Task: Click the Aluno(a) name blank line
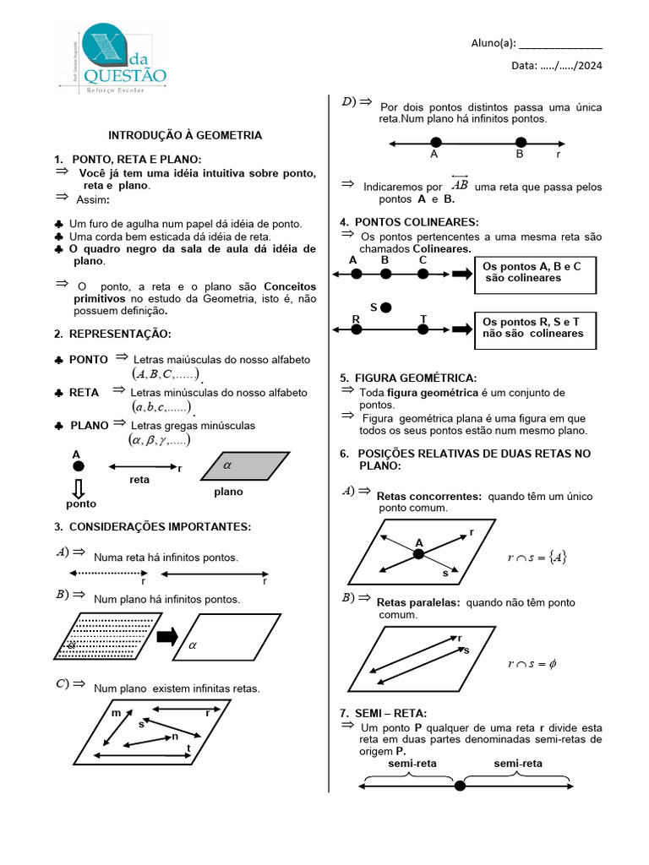point(560,45)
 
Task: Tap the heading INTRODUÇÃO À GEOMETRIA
point(185,135)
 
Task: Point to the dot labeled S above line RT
point(386,307)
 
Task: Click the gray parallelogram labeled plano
point(245,465)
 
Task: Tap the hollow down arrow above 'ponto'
point(79,488)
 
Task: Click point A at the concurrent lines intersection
point(418,554)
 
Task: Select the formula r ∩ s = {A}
point(537,557)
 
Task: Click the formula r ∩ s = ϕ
point(532,664)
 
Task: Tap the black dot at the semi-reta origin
point(460,786)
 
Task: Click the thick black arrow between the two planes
point(167,637)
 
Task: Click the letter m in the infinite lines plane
point(116,714)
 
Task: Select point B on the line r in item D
point(520,143)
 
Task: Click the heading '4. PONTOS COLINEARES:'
point(409,222)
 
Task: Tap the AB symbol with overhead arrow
point(460,184)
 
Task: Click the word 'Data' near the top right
point(524,66)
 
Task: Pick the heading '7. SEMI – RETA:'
point(384,714)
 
